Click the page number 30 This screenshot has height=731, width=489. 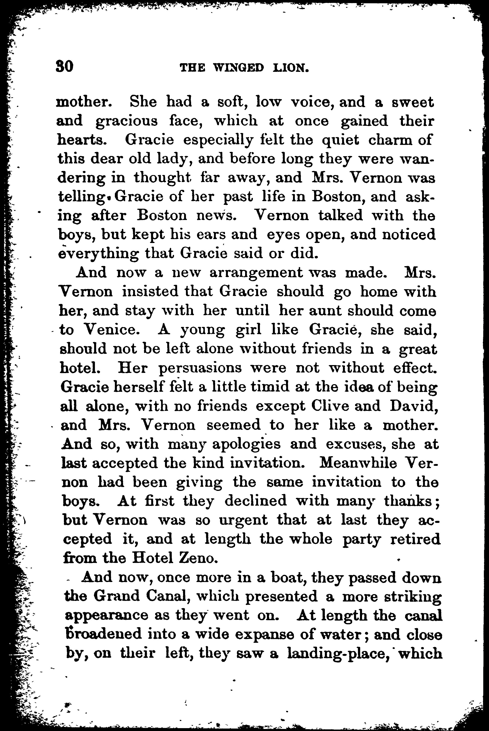pos(65,66)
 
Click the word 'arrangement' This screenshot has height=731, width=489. pos(256,273)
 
